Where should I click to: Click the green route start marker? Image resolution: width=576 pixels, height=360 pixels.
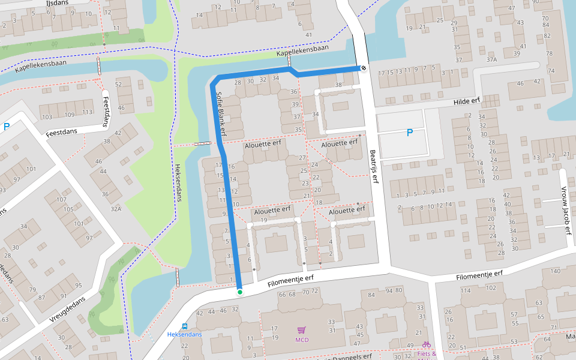[x=239, y=292]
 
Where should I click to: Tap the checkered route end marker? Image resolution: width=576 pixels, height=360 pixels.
[x=363, y=68]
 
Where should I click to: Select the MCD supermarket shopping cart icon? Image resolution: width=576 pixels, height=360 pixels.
[x=301, y=330]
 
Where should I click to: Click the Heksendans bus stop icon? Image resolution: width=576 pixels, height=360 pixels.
[x=184, y=326]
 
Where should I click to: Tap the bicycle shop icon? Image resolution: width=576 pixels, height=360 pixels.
[x=426, y=345]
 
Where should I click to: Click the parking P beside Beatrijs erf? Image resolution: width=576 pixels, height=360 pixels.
[x=410, y=133]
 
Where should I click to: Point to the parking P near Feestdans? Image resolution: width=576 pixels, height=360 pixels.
[x=7, y=127]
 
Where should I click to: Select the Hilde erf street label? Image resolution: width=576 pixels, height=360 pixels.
[x=467, y=102]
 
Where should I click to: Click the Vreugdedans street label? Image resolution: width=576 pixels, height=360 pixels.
[x=67, y=310]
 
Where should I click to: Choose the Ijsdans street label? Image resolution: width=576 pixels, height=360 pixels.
[x=57, y=3]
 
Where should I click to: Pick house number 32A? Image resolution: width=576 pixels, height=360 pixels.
[x=116, y=209]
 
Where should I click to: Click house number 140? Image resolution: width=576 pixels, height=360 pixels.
[x=554, y=272]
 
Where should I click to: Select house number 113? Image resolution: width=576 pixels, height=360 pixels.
[x=87, y=112]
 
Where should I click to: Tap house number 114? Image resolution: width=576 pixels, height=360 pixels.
[x=466, y=290]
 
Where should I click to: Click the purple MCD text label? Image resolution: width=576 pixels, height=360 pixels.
[x=301, y=340]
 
